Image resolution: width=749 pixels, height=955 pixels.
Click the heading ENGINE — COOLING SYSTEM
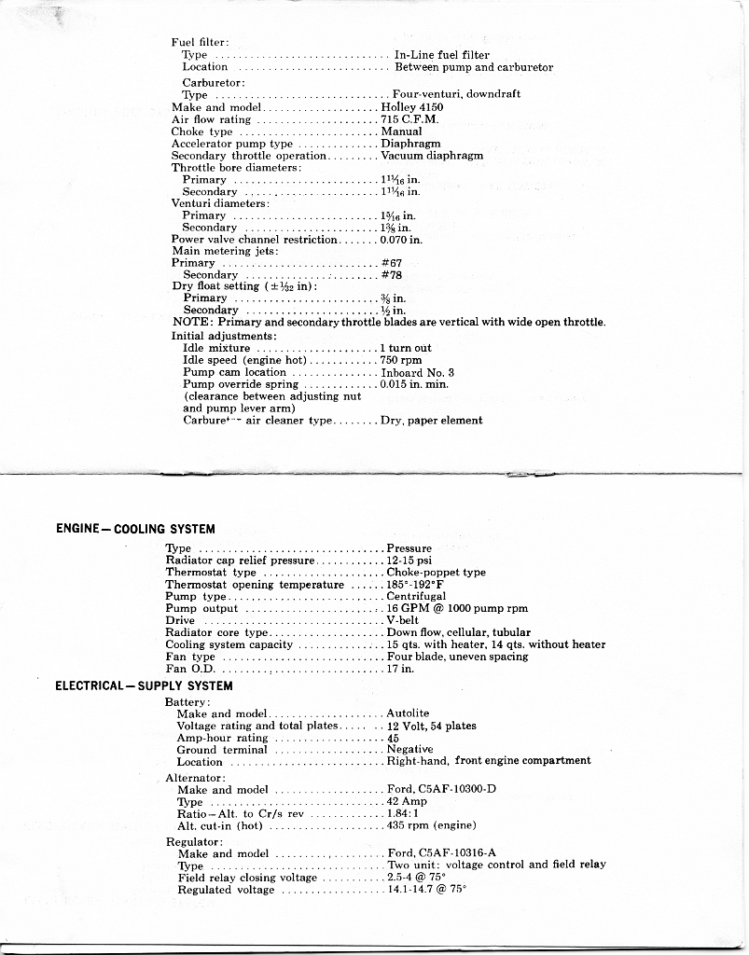pyautogui.click(x=135, y=529)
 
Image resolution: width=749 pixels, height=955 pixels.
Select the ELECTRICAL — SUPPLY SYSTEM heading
pyautogui.click(x=144, y=685)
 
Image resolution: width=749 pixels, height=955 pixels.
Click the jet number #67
pyautogui.click(x=391, y=263)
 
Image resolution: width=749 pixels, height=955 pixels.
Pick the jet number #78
pyautogui.click(x=391, y=275)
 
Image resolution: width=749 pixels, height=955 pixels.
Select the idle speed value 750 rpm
pyautogui.click(x=401, y=360)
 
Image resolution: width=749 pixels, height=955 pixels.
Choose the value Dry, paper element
pyautogui.click(x=431, y=421)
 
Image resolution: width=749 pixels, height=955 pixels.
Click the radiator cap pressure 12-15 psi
pyautogui.click(x=409, y=561)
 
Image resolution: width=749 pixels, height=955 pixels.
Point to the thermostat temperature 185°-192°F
pyautogui.click(x=415, y=585)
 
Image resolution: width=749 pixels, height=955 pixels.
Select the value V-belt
pyautogui.click(x=404, y=620)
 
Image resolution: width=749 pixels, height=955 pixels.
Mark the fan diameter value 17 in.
pyautogui.click(x=400, y=669)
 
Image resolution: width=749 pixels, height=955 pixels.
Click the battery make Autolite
pyautogui.click(x=408, y=713)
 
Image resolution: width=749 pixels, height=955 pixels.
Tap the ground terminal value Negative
pyautogui.click(x=409, y=749)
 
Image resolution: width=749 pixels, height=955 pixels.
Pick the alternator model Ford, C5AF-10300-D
pyautogui.click(x=441, y=790)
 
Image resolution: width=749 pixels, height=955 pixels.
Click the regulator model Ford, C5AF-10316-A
pyautogui.click(x=441, y=853)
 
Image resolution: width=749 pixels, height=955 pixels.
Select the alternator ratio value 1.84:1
pyautogui.click(x=403, y=813)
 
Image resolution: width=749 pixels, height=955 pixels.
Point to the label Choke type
pyautogui.click(x=201, y=131)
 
